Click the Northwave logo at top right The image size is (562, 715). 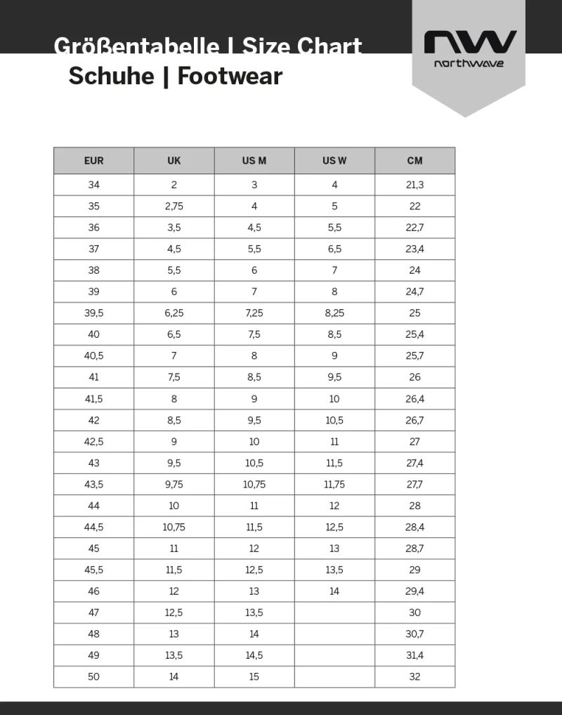point(469,47)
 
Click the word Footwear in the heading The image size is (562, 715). point(230,76)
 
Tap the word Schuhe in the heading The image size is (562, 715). point(111,76)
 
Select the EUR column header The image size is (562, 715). point(93,161)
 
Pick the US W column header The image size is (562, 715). point(334,161)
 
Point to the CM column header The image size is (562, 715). point(414,161)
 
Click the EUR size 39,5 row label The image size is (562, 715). point(93,313)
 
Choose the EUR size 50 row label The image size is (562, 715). point(93,676)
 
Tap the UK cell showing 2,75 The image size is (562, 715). point(174,206)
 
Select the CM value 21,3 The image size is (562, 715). point(414,185)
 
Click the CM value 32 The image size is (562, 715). point(414,676)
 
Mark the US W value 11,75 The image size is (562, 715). point(334,484)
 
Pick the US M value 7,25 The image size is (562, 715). point(254,313)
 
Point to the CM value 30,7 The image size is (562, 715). point(414,634)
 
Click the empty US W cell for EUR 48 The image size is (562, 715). point(334,634)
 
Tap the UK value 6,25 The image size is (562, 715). point(174,313)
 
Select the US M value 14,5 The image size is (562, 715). point(254,655)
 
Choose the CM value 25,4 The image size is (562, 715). point(414,334)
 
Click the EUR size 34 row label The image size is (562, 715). point(93,185)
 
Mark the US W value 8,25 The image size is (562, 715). point(334,313)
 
